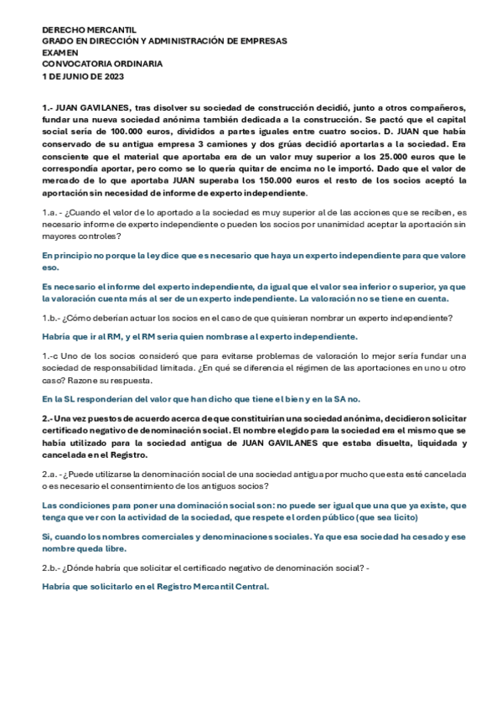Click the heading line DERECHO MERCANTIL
(x=89, y=29)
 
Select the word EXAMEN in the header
(x=60, y=52)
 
